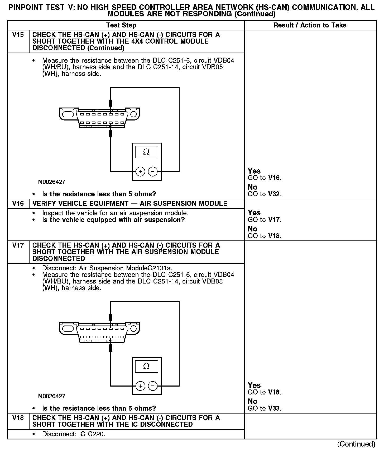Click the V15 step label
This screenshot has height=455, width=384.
click(18, 35)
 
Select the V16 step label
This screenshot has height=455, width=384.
click(18, 203)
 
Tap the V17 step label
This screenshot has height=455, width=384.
click(18, 245)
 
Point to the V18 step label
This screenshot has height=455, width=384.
click(18, 418)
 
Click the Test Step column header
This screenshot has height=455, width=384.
click(121, 25)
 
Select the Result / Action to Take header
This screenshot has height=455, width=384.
click(310, 25)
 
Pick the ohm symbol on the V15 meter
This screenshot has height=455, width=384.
click(146, 152)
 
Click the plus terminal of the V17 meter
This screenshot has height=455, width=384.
click(140, 386)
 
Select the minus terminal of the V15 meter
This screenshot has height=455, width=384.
click(153, 172)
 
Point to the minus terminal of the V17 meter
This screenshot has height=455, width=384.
click(153, 386)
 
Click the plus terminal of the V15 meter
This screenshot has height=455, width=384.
click(140, 172)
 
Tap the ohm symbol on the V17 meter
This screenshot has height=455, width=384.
click(146, 366)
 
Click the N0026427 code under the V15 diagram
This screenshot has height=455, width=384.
click(52, 182)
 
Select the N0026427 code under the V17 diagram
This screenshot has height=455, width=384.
click(52, 396)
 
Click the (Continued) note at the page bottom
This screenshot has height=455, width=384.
click(356, 444)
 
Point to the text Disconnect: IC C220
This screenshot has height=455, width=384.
click(74, 434)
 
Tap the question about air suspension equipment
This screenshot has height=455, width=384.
click(113, 220)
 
